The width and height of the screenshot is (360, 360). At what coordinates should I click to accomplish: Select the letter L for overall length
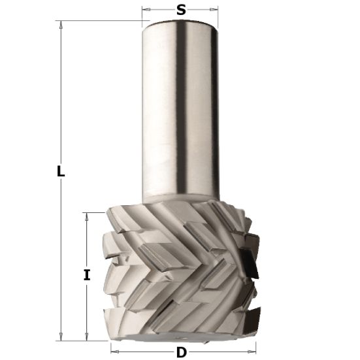(x=59, y=172)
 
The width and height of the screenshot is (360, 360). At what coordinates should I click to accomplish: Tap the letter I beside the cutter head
(x=86, y=275)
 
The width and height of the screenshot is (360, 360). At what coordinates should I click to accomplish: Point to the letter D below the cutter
(x=181, y=353)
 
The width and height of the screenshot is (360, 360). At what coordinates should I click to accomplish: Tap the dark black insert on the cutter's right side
(x=249, y=264)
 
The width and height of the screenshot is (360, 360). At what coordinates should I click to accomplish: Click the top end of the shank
(x=180, y=23)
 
